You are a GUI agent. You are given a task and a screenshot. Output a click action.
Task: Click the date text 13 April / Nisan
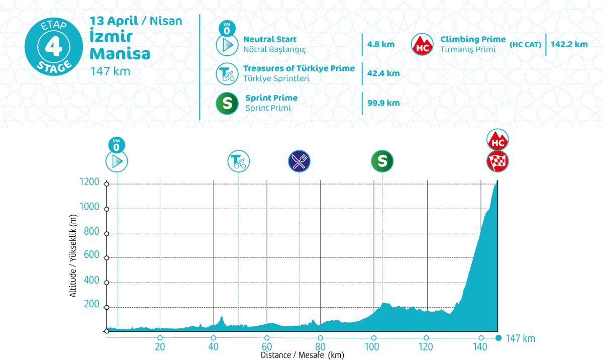click(x=136, y=21)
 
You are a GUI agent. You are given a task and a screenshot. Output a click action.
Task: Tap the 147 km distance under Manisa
click(x=110, y=71)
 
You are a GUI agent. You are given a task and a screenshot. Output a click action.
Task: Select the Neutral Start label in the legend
click(x=270, y=39)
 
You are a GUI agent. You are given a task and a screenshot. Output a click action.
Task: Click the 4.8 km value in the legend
click(x=381, y=44)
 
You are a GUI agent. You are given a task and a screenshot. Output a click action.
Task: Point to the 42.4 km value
click(x=383, y=73)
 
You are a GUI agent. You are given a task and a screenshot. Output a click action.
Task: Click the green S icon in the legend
click(x=227, y=103)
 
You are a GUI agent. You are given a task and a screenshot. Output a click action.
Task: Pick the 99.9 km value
click(x=383, y=103)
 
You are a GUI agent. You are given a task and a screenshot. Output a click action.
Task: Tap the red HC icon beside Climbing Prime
click(x=423, y=44)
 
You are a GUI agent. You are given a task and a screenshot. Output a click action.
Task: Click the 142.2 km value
click(x=569, y=44)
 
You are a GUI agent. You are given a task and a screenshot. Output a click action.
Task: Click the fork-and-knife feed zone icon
click(x=299, y=161)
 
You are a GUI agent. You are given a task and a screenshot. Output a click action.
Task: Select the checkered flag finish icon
click(x=498, y=161)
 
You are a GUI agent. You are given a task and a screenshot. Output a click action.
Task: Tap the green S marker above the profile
click(x=382, y=161)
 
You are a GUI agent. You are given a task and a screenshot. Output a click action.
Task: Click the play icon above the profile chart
click(x=117, y=161)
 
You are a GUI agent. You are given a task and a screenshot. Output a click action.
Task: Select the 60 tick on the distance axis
click(x=266, y=347)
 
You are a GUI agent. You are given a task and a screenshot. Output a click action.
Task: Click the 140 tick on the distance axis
click(x=481, y=347)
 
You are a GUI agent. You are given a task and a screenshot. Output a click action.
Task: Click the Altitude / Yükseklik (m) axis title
click(x=74, y=256)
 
